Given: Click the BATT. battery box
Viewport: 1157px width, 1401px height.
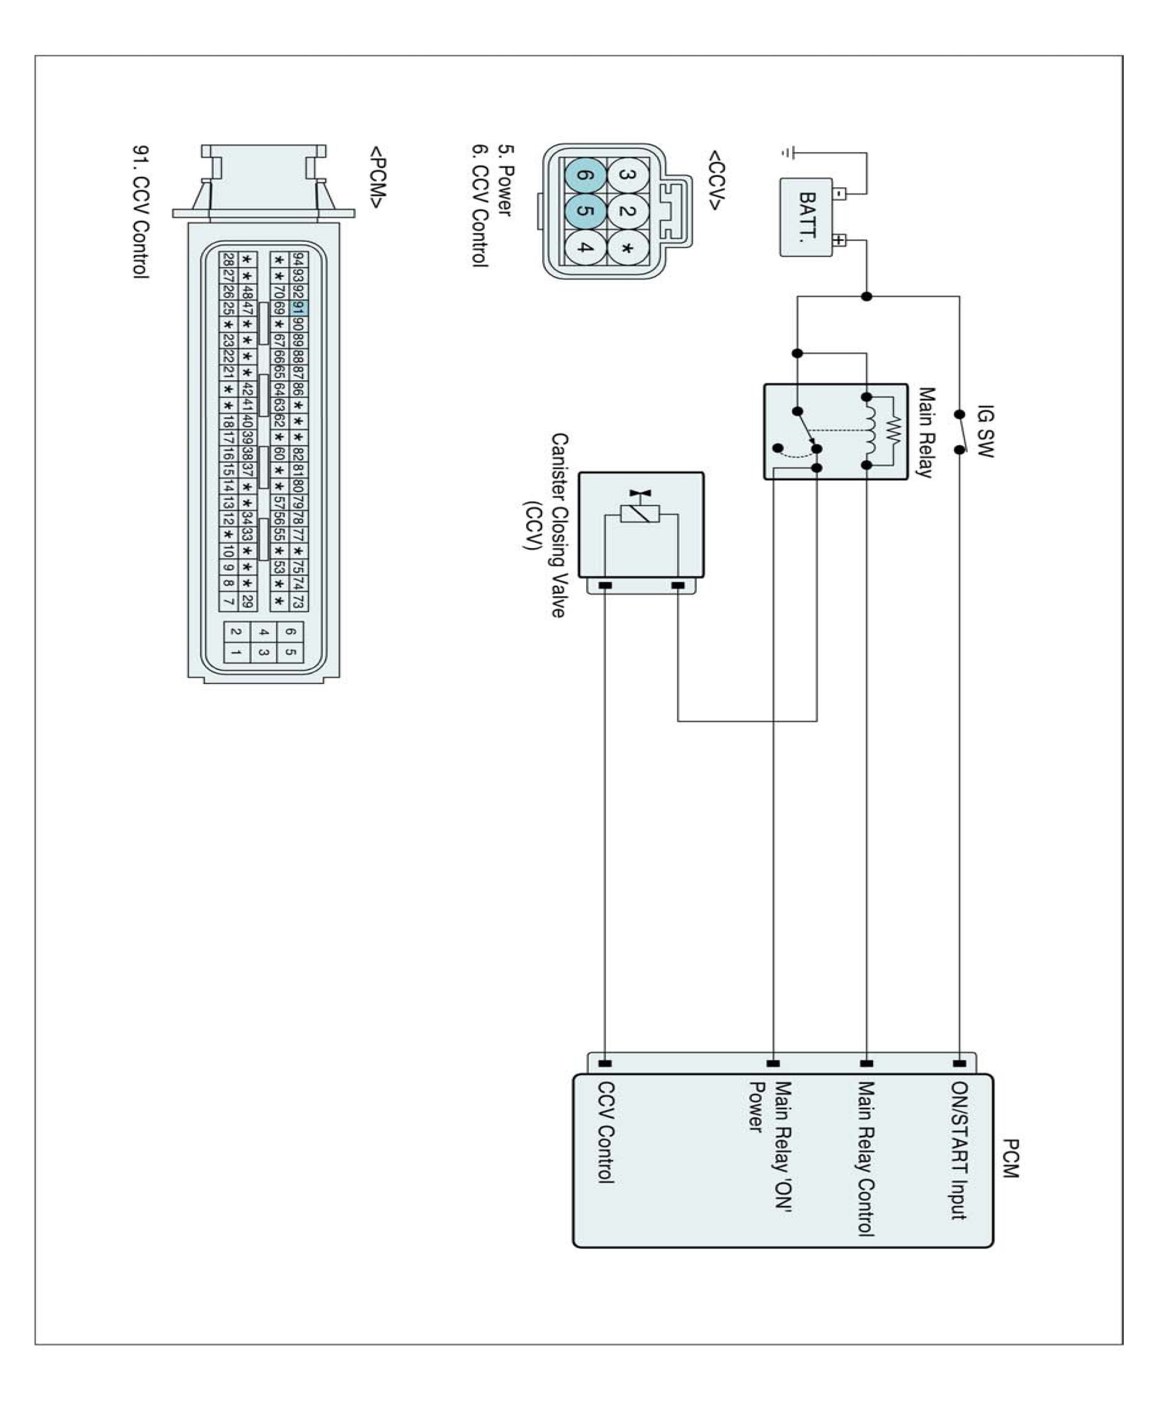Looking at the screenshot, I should pyautogui.click(x=806, y=216).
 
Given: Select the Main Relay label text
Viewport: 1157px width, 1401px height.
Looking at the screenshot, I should pyautogui.click(x=926, y=433).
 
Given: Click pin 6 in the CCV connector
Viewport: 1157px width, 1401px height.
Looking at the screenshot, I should pyautogui.click(x=585, y=176).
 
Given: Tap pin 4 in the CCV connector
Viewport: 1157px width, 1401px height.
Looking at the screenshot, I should pyautogui.click(x=585, y=248).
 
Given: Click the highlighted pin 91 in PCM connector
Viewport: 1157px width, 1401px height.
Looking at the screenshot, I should pyautogui.click(x=298, y=309).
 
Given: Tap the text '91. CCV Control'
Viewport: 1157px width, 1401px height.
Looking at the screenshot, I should pyautogui.click(x=141, y=212).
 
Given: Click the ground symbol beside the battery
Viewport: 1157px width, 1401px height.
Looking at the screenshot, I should pyautogui.click(x=787, y=153).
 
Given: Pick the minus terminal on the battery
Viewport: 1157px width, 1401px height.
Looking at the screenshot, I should pyautogui.click(x=840, y=194).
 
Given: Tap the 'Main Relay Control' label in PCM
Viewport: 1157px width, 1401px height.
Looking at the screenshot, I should pyautogui.click(x=865, y=1159).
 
